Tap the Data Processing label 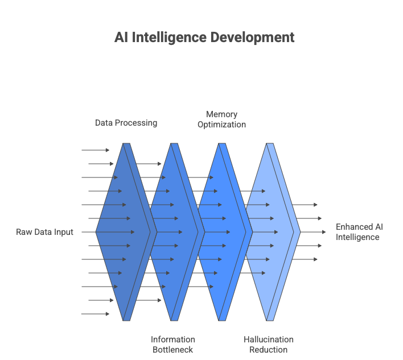point(126,123)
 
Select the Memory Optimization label point(221,119)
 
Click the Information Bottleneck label point(173,344)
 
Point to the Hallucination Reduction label point(269,344)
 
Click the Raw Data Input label point(44,232)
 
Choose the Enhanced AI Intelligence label point(359,232)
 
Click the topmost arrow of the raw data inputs point(95,150)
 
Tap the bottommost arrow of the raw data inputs point(95,314)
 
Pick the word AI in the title point(120,38)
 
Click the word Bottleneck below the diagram point(173,349)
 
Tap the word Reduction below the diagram point(269,349)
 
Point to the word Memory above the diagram point(221,114)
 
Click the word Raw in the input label point(23,232)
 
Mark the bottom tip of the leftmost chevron point(125,320)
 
